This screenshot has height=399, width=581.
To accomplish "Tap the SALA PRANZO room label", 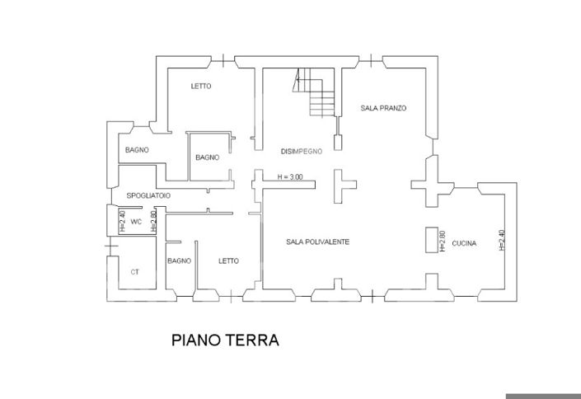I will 384,109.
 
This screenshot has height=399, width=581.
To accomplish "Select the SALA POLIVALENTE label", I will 317,242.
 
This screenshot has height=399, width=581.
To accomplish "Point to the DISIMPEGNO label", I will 301,151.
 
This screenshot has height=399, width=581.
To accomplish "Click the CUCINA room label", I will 464,243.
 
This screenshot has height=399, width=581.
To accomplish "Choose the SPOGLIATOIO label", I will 148,195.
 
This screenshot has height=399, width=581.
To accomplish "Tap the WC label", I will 137,222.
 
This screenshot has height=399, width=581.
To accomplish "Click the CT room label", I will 135,271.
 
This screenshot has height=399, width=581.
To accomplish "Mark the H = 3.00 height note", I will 290,176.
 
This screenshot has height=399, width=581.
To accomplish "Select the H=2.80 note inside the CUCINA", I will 443,240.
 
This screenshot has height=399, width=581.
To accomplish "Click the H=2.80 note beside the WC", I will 154,222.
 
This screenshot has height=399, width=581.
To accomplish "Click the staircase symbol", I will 316,93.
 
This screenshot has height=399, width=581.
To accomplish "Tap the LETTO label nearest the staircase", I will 201,86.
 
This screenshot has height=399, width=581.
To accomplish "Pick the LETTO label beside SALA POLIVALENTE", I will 228,261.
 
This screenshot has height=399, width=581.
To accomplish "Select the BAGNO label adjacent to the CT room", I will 179,261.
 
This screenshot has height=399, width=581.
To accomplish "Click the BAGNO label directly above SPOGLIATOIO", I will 137,150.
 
